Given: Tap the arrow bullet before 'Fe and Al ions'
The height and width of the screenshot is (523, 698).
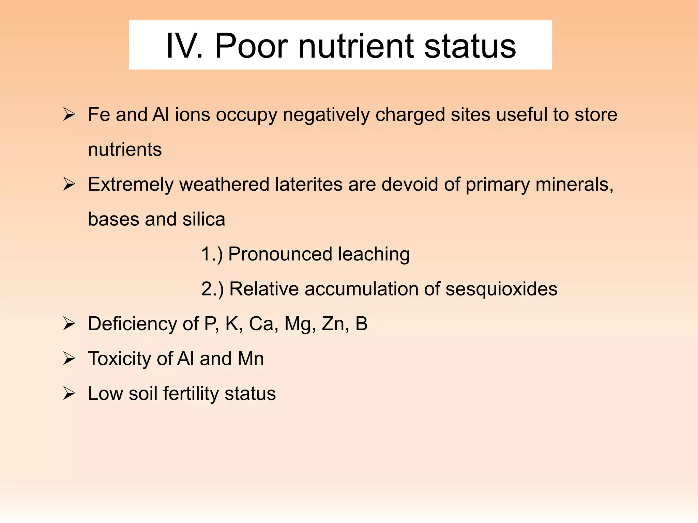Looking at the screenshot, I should pos(69,115).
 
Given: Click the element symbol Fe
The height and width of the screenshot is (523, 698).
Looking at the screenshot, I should pos(99,115).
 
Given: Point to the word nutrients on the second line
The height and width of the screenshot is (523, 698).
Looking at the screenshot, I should pos(125,150).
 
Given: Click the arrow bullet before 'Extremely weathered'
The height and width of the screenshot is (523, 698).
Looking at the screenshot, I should pos(69,185).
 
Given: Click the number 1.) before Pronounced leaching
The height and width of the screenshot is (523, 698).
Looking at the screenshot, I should pos(212,254).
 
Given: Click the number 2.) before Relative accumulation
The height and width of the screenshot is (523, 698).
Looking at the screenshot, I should pos(212,289).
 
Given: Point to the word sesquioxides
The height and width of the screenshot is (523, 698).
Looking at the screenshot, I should pos(501,289).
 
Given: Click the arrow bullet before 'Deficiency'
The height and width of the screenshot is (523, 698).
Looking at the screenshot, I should pos(69,324).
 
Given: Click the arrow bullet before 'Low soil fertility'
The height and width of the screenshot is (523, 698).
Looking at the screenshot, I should pos(69,394).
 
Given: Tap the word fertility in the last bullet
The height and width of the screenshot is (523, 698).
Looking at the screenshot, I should pos(191,394).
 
